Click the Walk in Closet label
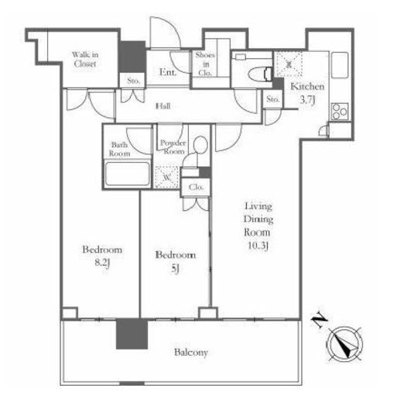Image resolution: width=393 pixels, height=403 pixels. click(85, 59)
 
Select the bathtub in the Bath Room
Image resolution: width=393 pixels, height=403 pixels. click(128, 174)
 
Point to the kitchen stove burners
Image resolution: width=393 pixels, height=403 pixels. click(340, 112)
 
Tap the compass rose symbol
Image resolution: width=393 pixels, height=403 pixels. click(344, 344)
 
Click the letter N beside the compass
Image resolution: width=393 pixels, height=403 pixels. click(320, 321)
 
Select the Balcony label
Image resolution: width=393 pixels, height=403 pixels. click(191, 353)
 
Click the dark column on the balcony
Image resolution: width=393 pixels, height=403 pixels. click(132, 334)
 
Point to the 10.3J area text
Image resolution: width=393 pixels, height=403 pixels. click(258, 246)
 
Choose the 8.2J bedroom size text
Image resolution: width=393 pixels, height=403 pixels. click(102, 263)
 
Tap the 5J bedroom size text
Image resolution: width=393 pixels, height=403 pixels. click(175, 269)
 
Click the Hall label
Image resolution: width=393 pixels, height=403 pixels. click(163, 106)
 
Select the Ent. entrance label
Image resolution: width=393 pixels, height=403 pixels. click(168, 72)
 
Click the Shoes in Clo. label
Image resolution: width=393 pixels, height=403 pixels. click(205, 64)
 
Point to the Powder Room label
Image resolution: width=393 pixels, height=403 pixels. click(173, 146)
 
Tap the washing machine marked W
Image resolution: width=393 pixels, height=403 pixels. click(166, 177)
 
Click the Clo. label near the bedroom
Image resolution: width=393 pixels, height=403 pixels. click(196, 187)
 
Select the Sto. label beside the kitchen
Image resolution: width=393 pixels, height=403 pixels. click(273, 99)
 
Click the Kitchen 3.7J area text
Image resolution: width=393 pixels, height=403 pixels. click(307, 93)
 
